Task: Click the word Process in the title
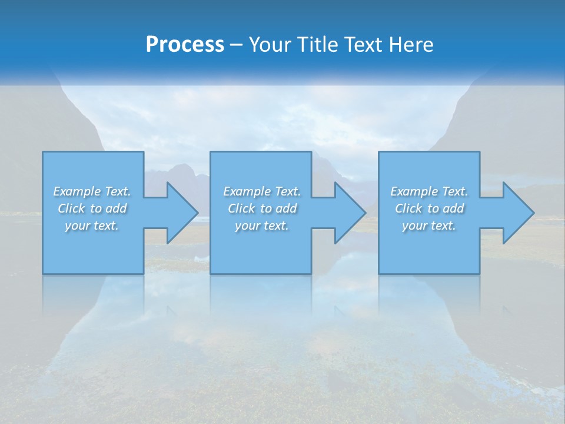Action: point(185,45)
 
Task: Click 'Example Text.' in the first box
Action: point(92,191)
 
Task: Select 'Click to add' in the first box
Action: point(92,208)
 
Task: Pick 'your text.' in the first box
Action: point(92,226)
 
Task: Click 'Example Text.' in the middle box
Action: point(262,191)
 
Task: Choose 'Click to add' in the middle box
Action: point(262,208)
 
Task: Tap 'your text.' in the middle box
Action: point(262,226)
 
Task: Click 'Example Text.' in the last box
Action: point(429,191)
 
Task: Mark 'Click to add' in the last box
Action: point(429,208)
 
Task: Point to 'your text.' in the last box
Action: point(429,226)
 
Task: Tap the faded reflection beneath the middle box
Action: point(261,294)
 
